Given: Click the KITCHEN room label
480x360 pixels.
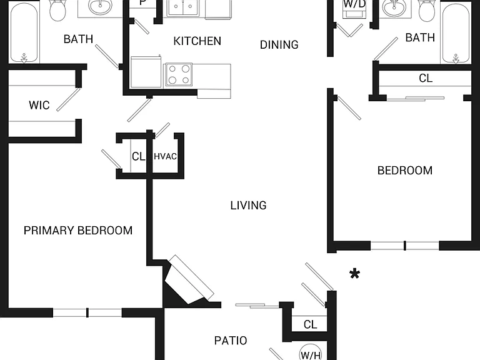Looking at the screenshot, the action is (x=197, y=41).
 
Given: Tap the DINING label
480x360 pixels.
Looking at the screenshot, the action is (x=279, y=45).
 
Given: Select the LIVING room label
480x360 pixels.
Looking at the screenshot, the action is (x=248, y=205).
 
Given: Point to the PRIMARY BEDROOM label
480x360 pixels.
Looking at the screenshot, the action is (x=78, y=230).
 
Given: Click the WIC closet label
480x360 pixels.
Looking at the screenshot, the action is (x=39, y=105).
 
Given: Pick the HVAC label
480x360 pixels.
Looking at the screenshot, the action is (x=165, y=156).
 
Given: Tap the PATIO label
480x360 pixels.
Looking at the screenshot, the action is (x=231, y=341).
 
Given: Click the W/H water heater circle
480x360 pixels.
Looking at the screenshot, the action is (x=311, y=352).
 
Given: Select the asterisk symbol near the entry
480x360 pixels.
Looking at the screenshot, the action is (x=354, y=273).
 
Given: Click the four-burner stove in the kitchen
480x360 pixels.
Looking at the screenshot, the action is (x=179, y=74).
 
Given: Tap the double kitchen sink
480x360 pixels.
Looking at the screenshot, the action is (x=182, y=7).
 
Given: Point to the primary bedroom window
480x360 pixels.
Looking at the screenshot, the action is (x=87, y=312).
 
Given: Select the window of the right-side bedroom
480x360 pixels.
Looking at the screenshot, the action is (x=405, y=246).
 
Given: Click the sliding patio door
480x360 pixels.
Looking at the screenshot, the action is (x=257, y=305).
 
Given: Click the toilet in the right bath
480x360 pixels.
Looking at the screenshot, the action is (x=426, y=10).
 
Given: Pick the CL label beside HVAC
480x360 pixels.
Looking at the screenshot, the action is (x=138, y=156).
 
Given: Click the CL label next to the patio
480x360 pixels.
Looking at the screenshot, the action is (x=311, y=324).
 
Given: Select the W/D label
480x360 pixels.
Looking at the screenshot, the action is (x=354, y=4).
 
